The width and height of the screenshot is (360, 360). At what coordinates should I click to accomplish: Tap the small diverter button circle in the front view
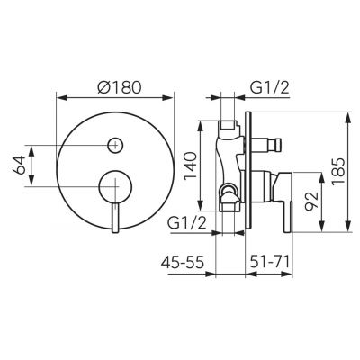[x=115, y=144]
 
